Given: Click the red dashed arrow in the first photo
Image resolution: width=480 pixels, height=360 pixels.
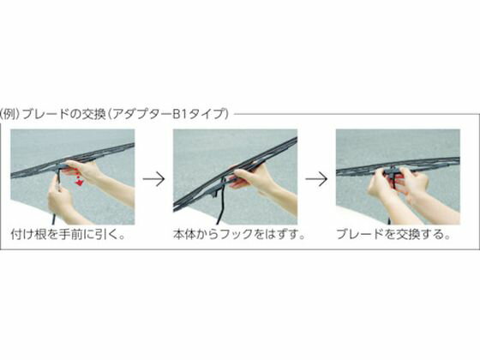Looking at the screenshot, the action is (x=78, y=177).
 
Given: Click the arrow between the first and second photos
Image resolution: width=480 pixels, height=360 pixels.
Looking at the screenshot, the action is (x=154, y=179).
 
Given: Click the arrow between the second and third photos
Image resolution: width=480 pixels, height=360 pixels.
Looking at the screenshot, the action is (x=316, y=179).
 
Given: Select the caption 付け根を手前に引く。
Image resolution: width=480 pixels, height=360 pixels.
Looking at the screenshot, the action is (x=68, y=234).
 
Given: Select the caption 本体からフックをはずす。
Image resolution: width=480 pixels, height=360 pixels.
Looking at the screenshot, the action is (x=240, y=234).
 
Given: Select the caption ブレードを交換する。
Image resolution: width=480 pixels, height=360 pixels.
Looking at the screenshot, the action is (x=393, y=234).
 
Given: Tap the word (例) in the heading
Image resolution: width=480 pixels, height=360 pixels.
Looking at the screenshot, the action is (x=10, y=114).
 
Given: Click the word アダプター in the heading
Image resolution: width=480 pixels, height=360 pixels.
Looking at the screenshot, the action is (x=141, y=114).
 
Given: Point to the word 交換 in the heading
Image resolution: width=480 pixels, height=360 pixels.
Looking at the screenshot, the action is (x=93, y=114).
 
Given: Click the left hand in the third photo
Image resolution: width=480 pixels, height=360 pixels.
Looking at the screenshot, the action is (x=381, y=183).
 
